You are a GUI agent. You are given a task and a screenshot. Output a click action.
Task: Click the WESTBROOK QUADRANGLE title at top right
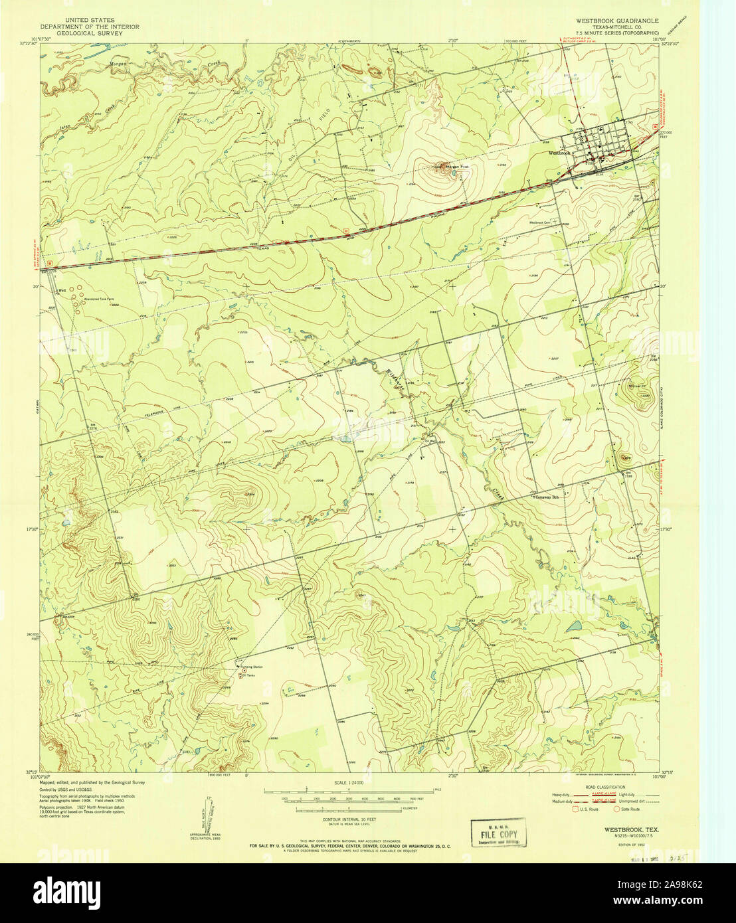617,21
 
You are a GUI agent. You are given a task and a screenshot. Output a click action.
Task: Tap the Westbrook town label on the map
559,152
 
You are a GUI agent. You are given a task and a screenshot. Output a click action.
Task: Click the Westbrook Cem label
541,222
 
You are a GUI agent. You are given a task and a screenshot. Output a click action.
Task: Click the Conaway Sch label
545,497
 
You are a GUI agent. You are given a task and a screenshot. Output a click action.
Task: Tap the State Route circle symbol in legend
616,808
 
